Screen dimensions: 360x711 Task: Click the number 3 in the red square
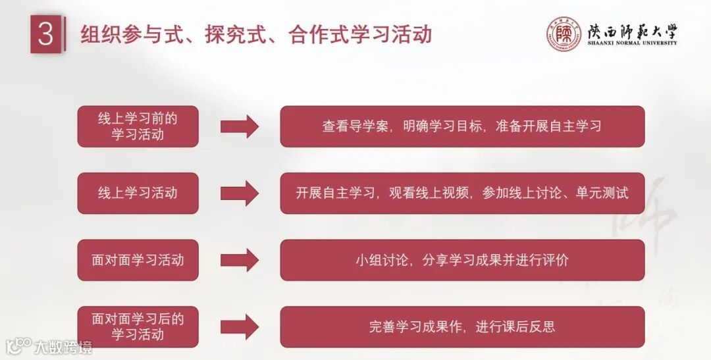(45, 35)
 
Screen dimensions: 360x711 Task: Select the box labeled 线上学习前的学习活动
(138, 126)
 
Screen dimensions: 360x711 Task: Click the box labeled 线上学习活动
(138, 193)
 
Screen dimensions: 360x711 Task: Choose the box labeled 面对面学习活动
(138, 260)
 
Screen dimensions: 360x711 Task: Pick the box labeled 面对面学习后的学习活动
(138, 326)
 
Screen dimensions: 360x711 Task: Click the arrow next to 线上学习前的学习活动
(239, 126)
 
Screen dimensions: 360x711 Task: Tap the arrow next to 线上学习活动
(239, 193)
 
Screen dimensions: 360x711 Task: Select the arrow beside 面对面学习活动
(239, 260)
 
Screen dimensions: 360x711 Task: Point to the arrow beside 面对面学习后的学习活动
(239, 326)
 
